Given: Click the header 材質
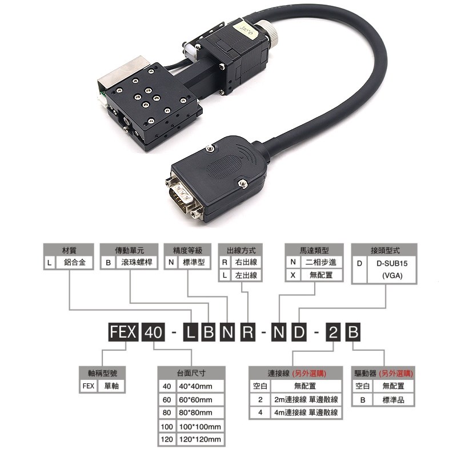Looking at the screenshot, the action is pyautogui.click(x=69, y=250).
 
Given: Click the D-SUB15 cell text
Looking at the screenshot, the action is pyautogui.click(x=392, y=264).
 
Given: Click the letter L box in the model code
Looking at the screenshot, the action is pyautogui.click(x=190, y=332).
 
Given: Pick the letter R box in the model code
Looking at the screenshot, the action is pyautogui.click(x=247, y=332).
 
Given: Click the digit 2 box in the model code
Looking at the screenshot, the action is pyautogui.click(x=332, y=332).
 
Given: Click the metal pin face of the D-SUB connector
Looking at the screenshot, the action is pyautogui.click(x=180, y=194).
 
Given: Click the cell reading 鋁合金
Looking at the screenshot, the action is pyautogui.click(x=76, y=264).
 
